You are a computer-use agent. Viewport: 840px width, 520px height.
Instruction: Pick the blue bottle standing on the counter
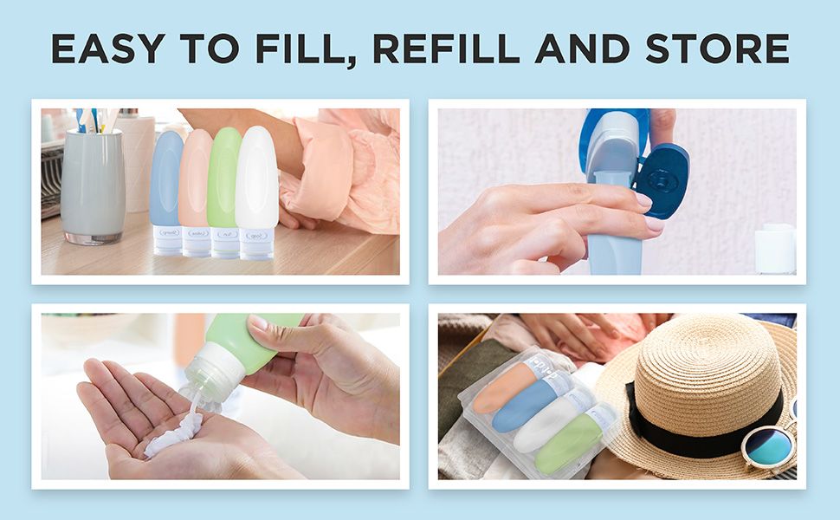pyautogui.click(x=167, y=186)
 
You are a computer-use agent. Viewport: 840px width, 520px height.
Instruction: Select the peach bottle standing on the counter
pyautogui.click(x=196, y=186)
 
